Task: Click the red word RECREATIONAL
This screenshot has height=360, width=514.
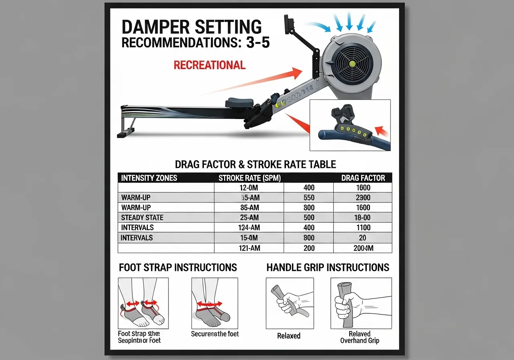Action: click(209, 65)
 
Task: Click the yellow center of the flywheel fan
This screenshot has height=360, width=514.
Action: click(353, 63)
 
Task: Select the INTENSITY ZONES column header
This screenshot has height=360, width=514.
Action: click(149, 178)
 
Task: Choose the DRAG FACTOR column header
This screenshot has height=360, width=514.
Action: click(363, 178)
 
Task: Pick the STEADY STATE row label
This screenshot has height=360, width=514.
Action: click(142, 218)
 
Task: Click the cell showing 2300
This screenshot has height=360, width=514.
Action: click(363, 198)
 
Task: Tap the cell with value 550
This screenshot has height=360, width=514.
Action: click(309, 198)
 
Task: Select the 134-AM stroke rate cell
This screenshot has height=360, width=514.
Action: click(249, 228)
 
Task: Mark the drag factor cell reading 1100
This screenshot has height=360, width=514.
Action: click(363, 228)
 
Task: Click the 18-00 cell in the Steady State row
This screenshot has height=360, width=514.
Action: click(363, 218)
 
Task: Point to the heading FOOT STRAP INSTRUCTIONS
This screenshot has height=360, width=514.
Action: click(178, 268)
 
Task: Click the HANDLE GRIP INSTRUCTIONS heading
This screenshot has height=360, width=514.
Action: click(328, 268)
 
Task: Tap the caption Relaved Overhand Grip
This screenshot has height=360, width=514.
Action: click(359, 337)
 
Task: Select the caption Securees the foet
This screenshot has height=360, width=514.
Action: click(215, 334)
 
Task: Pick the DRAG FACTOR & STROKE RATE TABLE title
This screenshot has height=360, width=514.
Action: click(255, 164)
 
